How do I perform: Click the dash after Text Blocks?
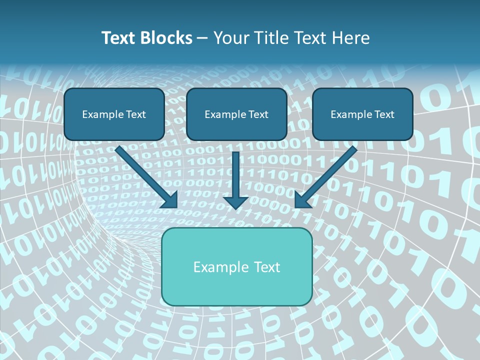coord(202,38)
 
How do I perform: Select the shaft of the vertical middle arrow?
coord(236,172)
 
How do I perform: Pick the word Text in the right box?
coord(384,114)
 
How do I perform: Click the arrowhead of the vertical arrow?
coord(236,202)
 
